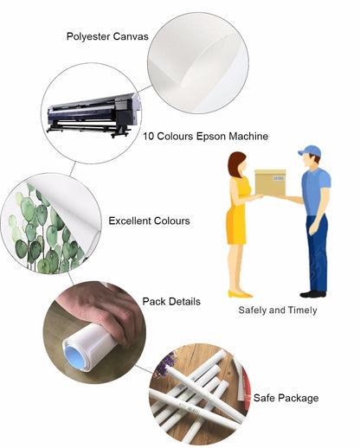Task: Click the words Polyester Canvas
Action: click(107, 36)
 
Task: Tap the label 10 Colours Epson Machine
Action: click(206, 136)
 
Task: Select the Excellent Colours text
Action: click(149, 221)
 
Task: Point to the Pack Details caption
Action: click(171, 302)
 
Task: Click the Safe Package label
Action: click(286, 398)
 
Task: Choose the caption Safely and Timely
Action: click(278, 310)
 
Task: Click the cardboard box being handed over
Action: click(270, 182)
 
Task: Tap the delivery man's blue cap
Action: click(310, 150)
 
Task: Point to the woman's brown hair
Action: click(235, 163)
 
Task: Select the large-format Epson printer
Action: click(93, 115)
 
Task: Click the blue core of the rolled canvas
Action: click(76, 358)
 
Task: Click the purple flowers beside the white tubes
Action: click(164, 365)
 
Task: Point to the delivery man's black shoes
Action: click(313, 294)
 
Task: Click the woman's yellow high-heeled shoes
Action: click(241, 294)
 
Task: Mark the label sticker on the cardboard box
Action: click(279, 178)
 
